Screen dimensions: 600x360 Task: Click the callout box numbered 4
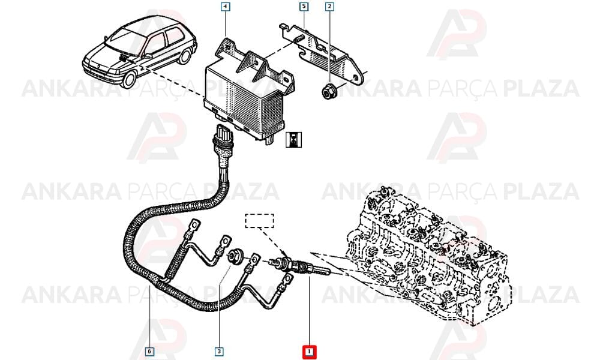pos(226,7)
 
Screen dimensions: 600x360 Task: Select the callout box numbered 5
pos(304,7)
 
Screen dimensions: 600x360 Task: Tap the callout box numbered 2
pos(329,7)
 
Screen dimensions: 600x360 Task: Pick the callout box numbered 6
pos(149,351)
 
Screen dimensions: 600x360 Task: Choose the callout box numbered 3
pos(219,351)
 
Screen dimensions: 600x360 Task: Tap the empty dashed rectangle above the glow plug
pos(259,221)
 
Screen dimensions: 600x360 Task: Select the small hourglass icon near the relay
pos(294,140)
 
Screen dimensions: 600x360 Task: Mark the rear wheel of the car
pos(185,55)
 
